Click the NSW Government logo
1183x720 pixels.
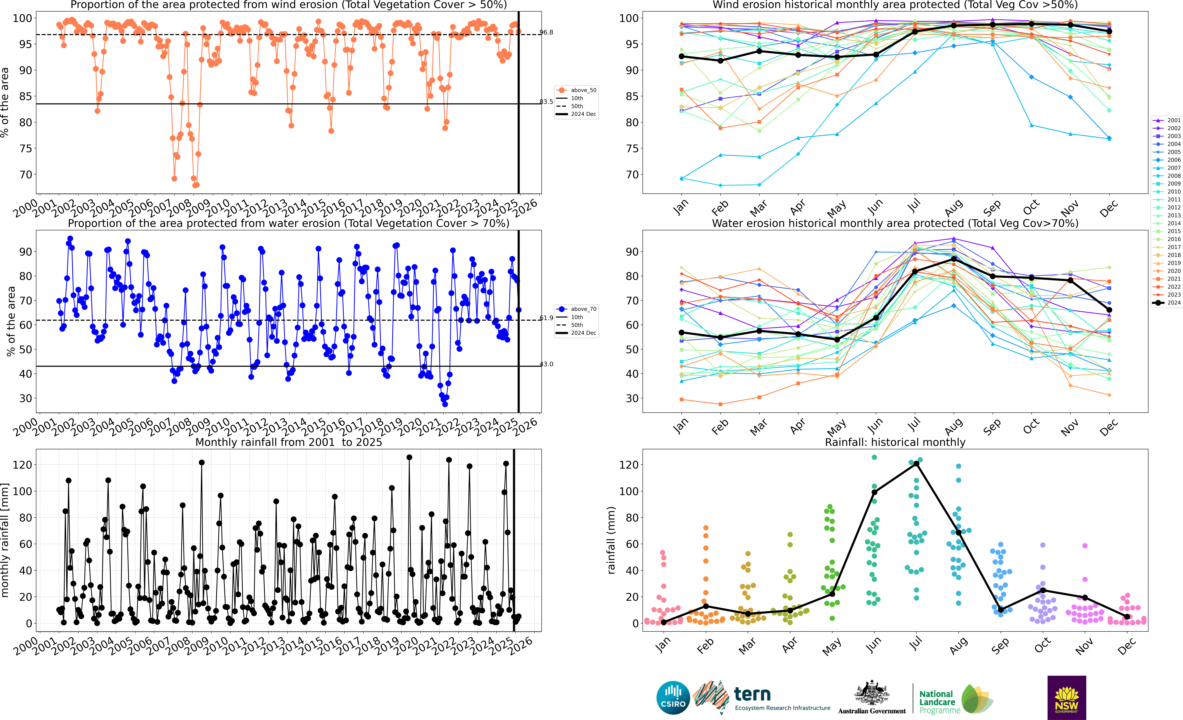[x=1066, y=697]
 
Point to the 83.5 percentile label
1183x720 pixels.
[x=546, y=102]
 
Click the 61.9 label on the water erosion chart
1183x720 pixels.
[x=546, y=318]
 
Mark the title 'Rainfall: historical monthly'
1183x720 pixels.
[x=895, y=442]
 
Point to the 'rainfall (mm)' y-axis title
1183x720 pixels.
[x=611, y=540]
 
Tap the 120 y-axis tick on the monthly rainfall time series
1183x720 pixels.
[x=23, y=465]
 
